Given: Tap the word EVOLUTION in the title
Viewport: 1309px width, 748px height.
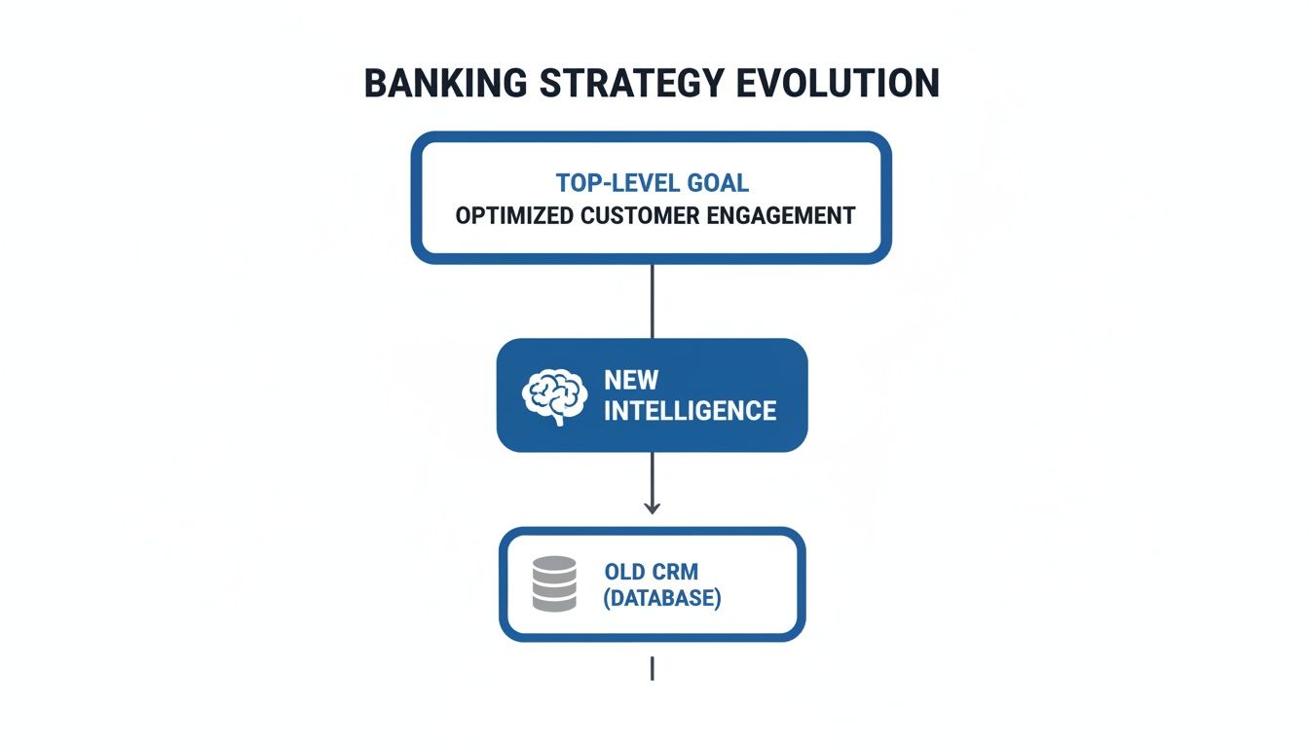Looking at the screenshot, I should (839, 83).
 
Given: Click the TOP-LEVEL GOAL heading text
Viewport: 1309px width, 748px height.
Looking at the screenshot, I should (653, 183).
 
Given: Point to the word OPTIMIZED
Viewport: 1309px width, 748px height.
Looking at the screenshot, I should (514, 215).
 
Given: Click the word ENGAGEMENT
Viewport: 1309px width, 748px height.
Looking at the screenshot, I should (785, 215).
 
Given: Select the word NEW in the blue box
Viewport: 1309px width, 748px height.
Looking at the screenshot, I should (631, 379).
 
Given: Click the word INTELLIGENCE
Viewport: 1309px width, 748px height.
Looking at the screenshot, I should (690, 411).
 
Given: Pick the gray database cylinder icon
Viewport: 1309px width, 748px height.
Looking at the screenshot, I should (554, 583).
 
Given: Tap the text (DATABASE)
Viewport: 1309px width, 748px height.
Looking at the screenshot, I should (662, 598).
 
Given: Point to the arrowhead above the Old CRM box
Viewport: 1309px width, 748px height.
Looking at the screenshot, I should (653, 506).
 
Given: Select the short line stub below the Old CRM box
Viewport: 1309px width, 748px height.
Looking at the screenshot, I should (652, 668).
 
